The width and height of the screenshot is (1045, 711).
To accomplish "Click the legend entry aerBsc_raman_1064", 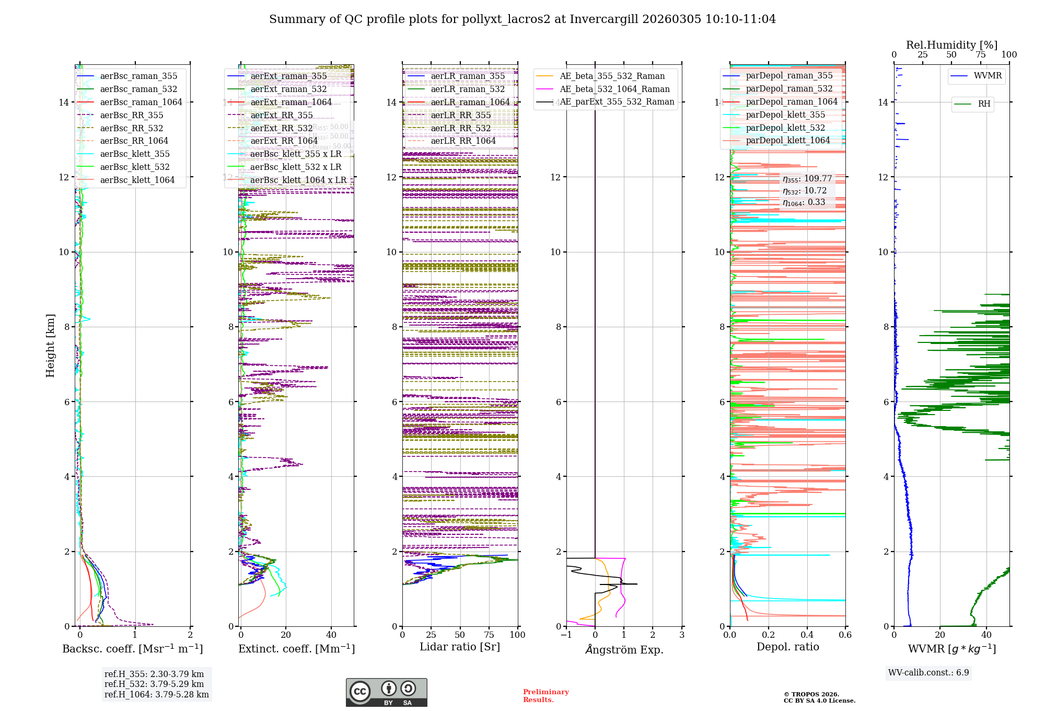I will click(141, 102).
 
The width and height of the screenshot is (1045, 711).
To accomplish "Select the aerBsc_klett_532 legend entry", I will click(135, 167).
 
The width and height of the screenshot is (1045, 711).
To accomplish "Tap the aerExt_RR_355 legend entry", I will click(282, 116).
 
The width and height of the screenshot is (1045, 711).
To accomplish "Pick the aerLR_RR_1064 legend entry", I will click(463, 141).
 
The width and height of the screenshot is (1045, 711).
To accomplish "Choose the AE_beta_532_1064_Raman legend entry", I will click(614, 89).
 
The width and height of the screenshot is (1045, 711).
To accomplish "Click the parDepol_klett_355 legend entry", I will click(785, 115).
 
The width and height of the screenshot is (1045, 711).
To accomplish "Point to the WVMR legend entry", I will click(988, 76).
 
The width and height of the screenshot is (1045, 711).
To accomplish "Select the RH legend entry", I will click(984, 104).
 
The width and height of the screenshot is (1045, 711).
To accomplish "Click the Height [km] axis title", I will click(50, 346).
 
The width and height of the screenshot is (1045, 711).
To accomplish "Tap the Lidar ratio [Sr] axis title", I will click(460, 647).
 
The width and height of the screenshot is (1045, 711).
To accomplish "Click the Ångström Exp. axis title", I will click(624, 650).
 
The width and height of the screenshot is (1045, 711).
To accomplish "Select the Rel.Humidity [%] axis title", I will click(951, 45).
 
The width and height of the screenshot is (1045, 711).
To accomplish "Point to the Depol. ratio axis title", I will click(788, 647).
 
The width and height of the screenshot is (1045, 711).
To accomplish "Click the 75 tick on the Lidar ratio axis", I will click(489, 635).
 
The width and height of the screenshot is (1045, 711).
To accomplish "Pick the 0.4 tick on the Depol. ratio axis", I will click(807, 635).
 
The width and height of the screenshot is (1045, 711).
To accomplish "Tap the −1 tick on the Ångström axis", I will click(566, 635).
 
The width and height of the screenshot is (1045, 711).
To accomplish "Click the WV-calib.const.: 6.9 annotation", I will click(928, 673).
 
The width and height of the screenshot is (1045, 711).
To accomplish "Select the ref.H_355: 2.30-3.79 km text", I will click(154, 674).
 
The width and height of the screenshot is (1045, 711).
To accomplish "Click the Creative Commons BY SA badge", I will click(387, 693).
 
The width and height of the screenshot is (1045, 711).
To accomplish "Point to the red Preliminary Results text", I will click(545, 696).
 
